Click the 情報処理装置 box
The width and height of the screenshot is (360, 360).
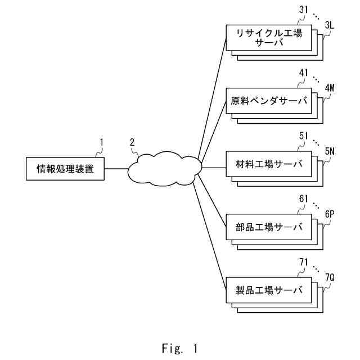coord(65,169)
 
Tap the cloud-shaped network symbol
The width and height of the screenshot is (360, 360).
coord(165,169)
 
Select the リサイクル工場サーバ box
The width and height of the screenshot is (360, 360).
coord(269,38)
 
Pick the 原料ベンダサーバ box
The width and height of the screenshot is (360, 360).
coord(269,101)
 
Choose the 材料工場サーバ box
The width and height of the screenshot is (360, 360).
coord(269,164)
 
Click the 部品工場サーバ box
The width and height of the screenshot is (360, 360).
coord(269,227)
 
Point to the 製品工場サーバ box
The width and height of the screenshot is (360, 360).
coord(269,290)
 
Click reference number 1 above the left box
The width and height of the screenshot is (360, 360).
coord(101,142)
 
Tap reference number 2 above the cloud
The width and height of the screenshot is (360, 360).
coord(132,142)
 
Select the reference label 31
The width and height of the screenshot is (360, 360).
coord(304,10)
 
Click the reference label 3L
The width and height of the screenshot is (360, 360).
coord(330,25)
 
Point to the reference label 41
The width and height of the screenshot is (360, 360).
coord(304,73)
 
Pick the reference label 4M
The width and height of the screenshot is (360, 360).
coord(330,88)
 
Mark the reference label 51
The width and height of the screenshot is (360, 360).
coord(304,136)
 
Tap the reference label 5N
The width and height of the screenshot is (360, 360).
coord(330,151)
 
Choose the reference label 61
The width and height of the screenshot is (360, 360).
coord(304,199)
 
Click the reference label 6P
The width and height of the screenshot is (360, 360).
coord(330,214)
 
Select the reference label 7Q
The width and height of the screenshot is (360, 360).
coord(330,277)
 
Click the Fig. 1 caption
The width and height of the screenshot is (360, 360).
coord(180,348)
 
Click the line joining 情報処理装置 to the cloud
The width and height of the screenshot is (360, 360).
coord(116,169)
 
